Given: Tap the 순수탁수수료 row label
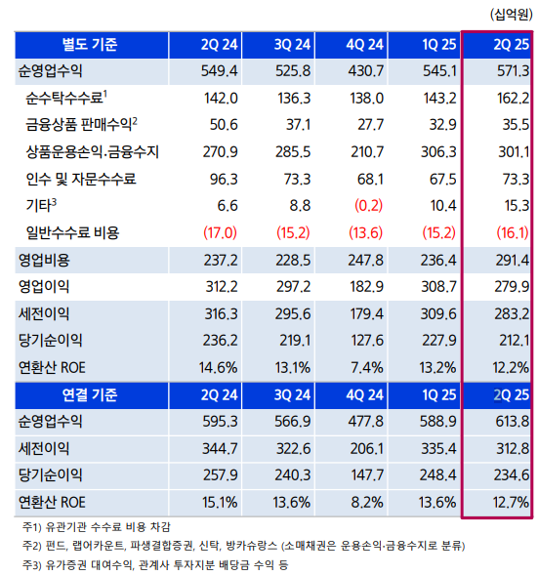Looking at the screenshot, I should (x=65, y=97).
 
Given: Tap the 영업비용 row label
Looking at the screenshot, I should (x=45, y=261).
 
